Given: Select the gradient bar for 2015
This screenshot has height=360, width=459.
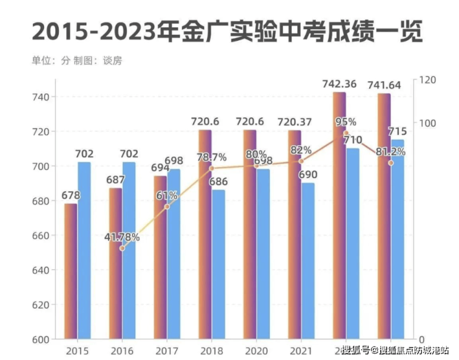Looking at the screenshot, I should (x=71, y=271).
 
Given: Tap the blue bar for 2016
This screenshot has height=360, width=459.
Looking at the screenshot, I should (x=129, y=251).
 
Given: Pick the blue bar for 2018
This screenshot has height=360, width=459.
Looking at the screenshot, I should (x=218, y=264).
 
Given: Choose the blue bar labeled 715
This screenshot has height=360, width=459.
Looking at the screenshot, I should (x=397, y=239).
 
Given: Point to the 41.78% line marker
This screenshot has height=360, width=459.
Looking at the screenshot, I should (x=122, y=248).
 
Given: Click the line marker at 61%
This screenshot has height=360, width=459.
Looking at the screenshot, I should (x=167, y=206).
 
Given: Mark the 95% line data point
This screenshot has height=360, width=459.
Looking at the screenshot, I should (x=346, y=133).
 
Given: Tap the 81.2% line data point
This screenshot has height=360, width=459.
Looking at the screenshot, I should (x=391, y=163).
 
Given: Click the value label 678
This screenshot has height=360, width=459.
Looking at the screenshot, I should (x=70, y=196).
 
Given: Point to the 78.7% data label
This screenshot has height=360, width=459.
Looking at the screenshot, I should (x=212, y=158).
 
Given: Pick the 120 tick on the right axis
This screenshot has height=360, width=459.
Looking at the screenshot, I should (x=429, y=80).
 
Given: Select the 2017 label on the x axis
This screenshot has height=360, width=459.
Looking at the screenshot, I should (x=166, y=351).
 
